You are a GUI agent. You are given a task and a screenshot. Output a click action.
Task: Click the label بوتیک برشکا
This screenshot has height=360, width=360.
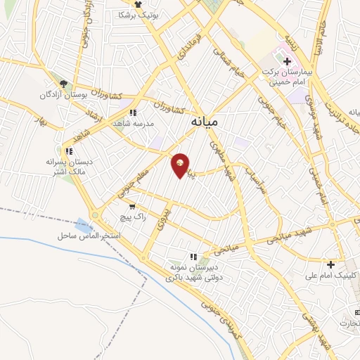click(x=138, y=14)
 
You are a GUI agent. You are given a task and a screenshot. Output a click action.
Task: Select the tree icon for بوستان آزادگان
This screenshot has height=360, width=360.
click(x=63, y=83)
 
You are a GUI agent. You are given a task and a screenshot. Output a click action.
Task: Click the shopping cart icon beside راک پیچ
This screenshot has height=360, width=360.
click(x=132, y=207)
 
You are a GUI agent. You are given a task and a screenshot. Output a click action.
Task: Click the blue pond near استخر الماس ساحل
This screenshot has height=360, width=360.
click(x=83, y=226)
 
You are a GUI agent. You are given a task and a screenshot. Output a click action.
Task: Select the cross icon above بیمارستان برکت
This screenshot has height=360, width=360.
click(x=287, y=62)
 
